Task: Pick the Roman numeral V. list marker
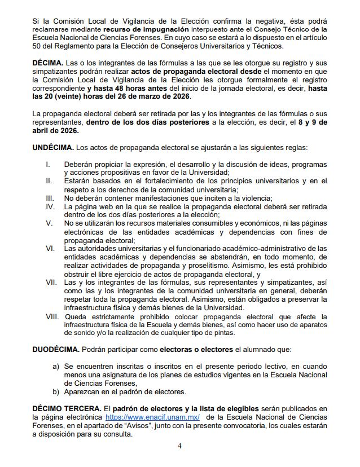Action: click(x=49, y=223)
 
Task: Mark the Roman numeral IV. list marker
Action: click(x=50, y=206)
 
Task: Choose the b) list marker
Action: click(x=56, y=391)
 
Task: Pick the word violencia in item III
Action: click(x=254, y=198)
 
